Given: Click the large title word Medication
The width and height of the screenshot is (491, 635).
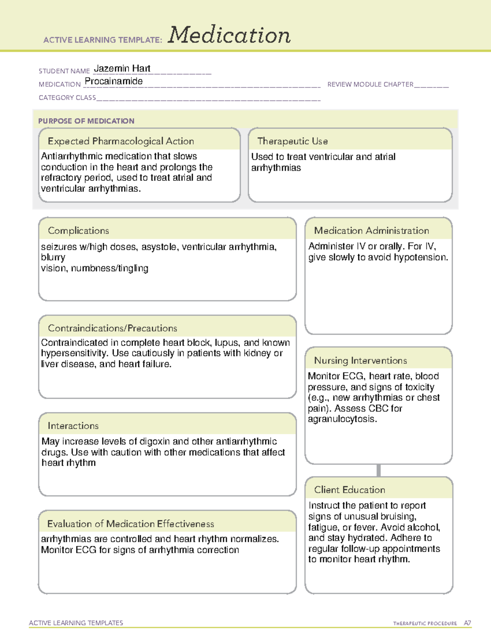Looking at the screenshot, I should [229, 35].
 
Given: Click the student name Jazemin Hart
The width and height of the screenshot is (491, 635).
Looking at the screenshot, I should [122, 68].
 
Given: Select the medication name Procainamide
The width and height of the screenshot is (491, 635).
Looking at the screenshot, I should [114, 81].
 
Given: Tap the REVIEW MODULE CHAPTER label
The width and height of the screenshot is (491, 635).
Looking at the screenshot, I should [370, 84].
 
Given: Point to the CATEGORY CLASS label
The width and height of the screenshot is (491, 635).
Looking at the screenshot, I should [67, 98].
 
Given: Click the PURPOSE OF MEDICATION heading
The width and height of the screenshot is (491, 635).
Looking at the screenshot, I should [86, 121].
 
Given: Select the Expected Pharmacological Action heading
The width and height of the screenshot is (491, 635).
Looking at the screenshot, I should [121, 141].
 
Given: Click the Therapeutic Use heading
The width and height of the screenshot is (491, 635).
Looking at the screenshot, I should [293, 141].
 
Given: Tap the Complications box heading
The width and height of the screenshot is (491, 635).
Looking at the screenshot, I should [79, 231].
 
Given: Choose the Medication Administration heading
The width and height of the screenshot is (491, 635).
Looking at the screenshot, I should [372, 231].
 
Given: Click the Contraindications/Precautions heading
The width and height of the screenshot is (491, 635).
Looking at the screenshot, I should [113, 328].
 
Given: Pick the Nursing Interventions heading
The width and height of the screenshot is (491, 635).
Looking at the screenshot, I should [360, 360].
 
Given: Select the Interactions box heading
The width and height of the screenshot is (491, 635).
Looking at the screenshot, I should [73, 426].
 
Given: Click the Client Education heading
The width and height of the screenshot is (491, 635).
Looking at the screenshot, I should [349, 490].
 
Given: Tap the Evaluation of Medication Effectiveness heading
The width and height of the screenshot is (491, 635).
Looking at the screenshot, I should [131, 524].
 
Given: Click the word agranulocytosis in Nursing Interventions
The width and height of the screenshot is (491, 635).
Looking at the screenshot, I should [342, 419].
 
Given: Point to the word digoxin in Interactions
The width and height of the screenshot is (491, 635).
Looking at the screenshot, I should [153, 442].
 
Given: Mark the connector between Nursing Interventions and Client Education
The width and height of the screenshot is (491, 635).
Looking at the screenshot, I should [378, 470].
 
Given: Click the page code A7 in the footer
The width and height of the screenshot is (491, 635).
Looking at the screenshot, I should [467, 623].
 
